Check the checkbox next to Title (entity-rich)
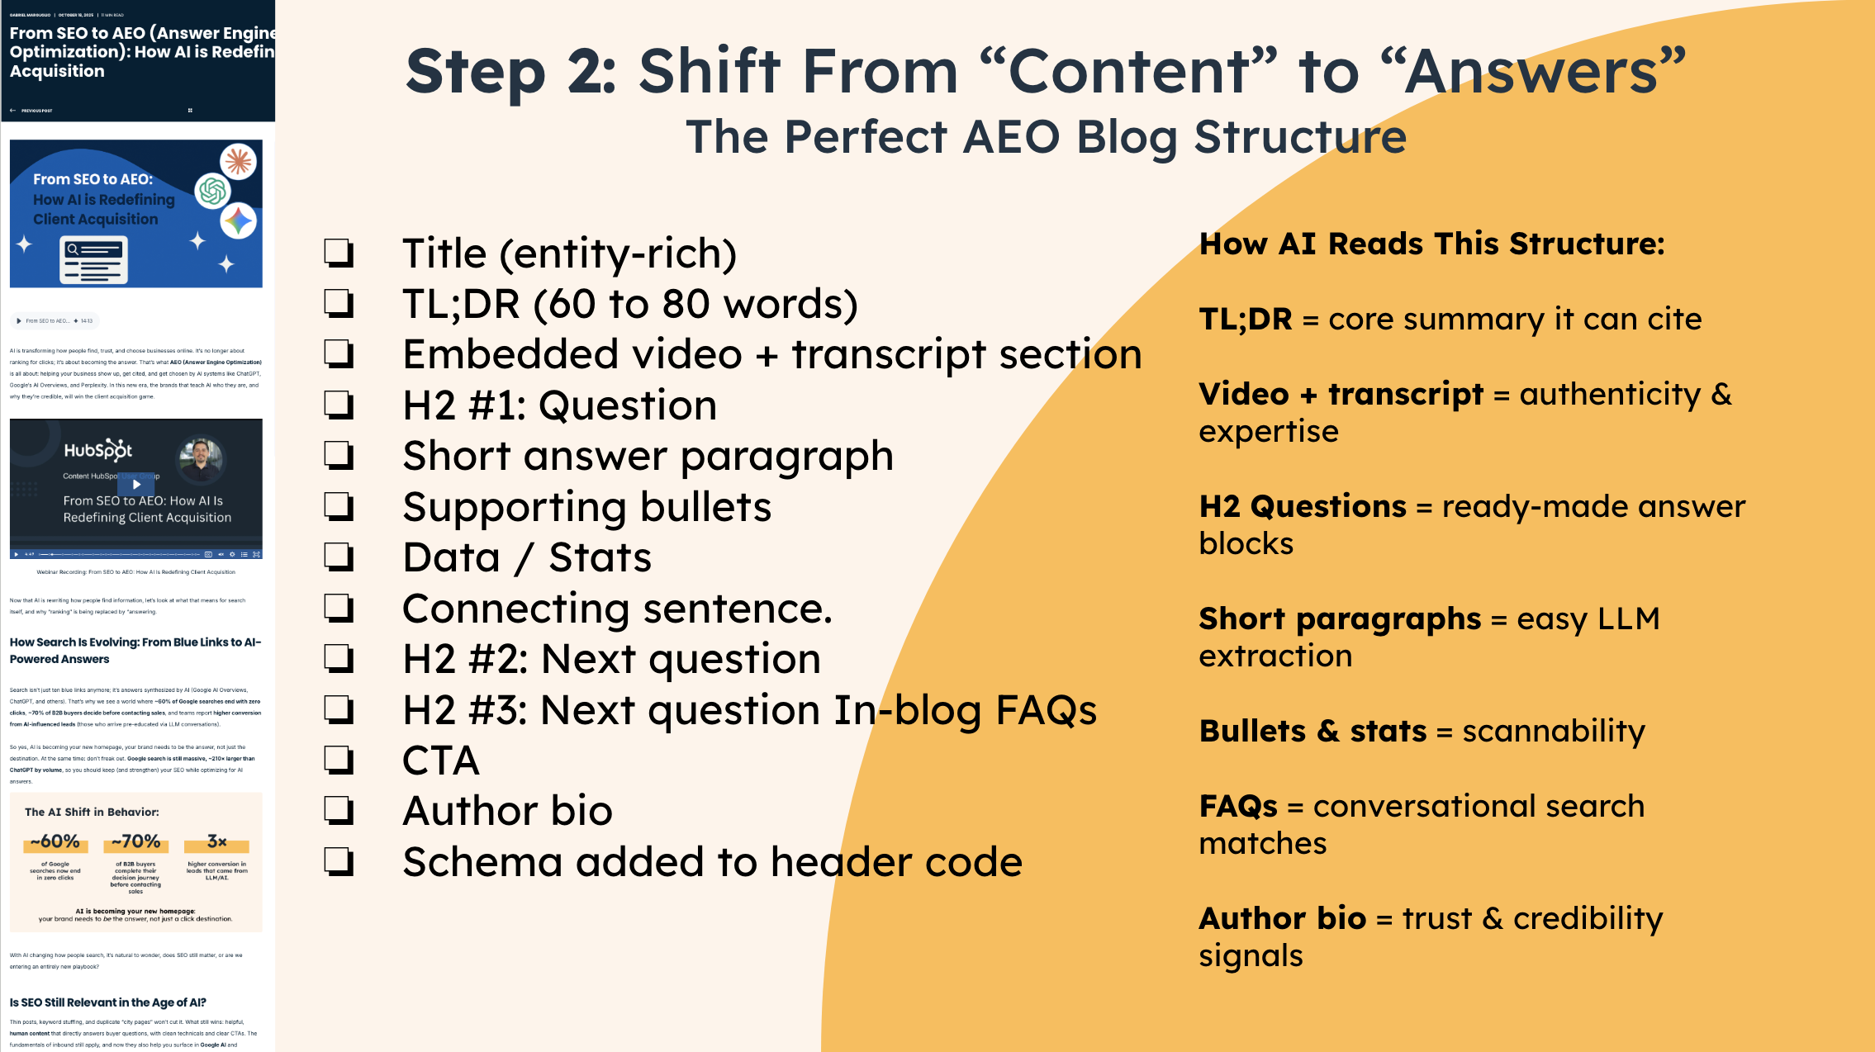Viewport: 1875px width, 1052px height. (x=339, y=253)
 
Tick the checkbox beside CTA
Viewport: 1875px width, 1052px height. (x=339, y=760)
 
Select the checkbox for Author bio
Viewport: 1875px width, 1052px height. (x=339, y=811)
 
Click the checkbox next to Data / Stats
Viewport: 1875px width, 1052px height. (x=339, y=557)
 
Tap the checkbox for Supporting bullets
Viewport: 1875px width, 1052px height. (x=339, y=506)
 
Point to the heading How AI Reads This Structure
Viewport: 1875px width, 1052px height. (x=1431, y=244)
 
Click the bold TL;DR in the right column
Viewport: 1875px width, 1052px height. (x=1245, y=319)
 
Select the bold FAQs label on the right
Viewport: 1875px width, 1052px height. (x=1237, y=806)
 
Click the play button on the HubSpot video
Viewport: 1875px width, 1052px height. (x=136, y=485)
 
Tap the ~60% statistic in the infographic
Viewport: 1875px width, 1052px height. (x=55, y=841)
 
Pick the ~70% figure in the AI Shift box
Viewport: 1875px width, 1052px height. (x=135, y=841)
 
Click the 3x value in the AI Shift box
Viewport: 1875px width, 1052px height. (x=216, y=841)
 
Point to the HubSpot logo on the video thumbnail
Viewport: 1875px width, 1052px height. (x=97, y=450)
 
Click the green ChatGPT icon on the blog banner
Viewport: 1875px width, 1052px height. (x=212, y=191)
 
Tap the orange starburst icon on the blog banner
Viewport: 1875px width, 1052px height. (x=238, y=160)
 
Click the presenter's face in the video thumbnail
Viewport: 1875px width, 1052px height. (x=201, y=454)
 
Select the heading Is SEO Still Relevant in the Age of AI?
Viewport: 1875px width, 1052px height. (x=108, y=1002)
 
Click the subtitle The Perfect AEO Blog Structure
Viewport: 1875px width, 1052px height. (x=1046, y=137)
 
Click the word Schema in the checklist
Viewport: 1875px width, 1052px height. (x=482, y=862)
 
